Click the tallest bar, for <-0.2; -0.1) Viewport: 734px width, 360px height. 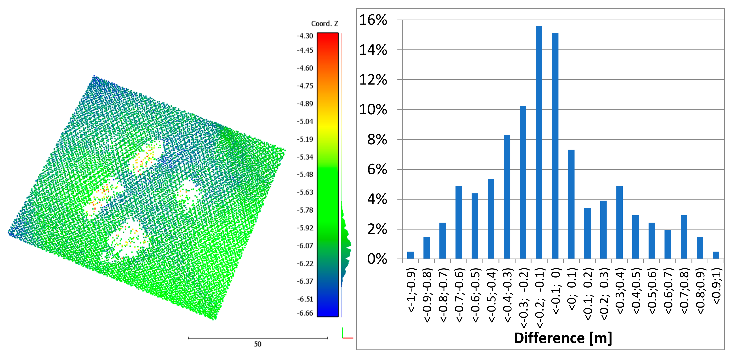[539, 142]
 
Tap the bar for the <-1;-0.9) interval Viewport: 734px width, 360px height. [410, 255]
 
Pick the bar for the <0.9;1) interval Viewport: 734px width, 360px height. [716, 255]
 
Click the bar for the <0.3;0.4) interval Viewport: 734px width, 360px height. [619, 222]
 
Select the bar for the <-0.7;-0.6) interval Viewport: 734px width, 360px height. [459, 222]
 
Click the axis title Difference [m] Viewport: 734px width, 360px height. [563, 338]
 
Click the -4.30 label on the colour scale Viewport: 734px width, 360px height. [305, 36]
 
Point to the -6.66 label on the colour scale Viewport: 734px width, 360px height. [305, 313]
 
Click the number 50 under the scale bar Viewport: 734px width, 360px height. [258, 344]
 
